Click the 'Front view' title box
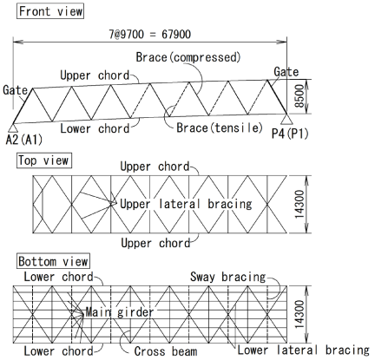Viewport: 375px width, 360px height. click(50, 11)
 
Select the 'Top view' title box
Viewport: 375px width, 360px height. click(44, 160)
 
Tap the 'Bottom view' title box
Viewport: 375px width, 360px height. click(53, 261)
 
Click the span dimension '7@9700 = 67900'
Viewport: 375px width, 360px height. click(149, 35)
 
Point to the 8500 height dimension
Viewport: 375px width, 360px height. click(299, 96)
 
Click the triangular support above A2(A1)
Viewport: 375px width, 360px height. click(12, 128)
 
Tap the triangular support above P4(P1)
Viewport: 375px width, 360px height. click(286, 119)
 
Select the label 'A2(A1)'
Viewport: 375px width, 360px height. click(24, 140)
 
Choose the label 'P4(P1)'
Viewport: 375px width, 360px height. click(290, 134)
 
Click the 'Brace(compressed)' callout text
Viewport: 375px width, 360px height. click(188, 57)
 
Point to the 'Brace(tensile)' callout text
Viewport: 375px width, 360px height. click(220, 128)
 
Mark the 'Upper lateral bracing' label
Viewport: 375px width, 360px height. click(186, 204)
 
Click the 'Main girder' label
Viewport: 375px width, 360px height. click(120, 312)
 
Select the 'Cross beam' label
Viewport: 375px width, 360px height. click(166, 351)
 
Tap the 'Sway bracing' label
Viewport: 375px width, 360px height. click(227, 277)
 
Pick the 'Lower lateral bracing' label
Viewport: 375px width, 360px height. click(304, 350)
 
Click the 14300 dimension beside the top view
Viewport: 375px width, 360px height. click(299, 204)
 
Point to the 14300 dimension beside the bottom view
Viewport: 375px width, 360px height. click(299, 315)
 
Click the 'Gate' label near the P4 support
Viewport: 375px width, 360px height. click(286, 72)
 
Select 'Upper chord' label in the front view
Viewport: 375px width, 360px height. click(95, 75)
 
